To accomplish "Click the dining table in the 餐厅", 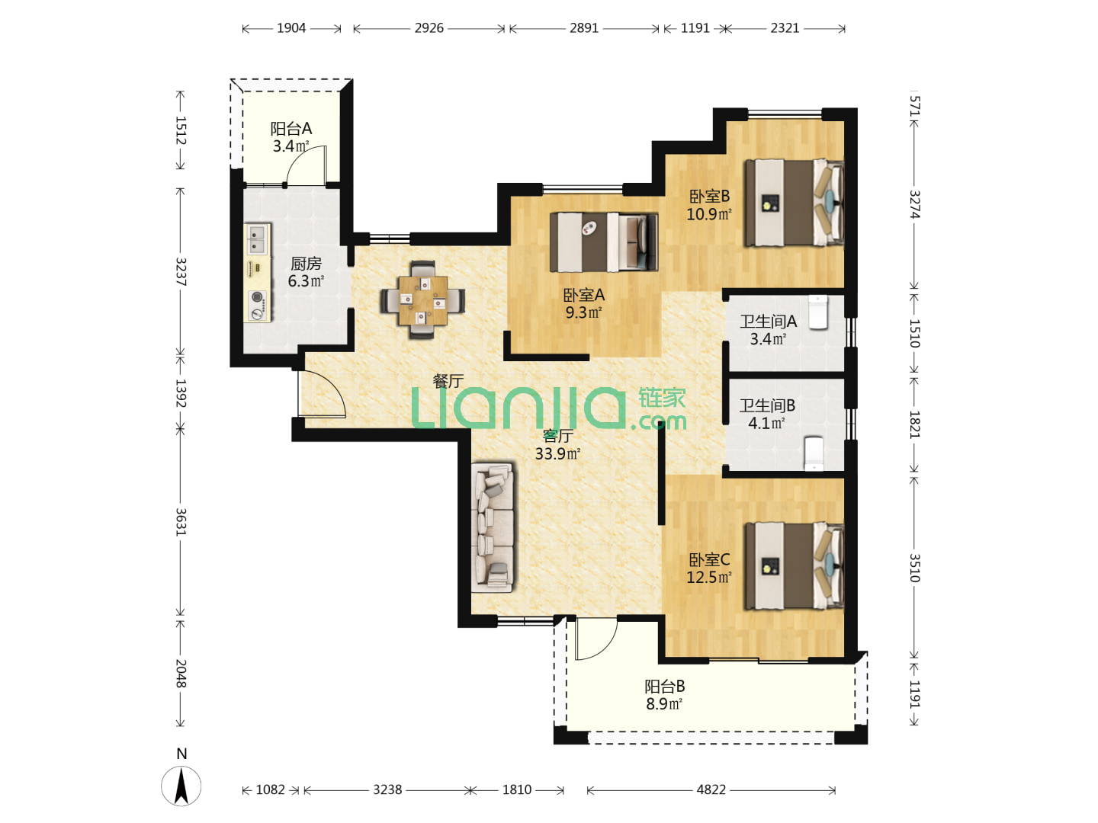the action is point(422,299).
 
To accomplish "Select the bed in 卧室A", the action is point(603,242).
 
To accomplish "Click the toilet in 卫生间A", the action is point(818,312).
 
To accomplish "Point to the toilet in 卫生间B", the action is point(814,453).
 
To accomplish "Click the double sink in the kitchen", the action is point(257,239).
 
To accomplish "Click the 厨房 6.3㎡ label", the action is point(306,272).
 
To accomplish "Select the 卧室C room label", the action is point(709,559).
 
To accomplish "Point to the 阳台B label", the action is point(664,686).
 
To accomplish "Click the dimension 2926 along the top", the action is point(429,28).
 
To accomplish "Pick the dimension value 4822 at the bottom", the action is point(711,789).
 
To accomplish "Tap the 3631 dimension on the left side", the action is point(181,522).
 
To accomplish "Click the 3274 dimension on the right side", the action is point(914,204).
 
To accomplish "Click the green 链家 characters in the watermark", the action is point(662,399).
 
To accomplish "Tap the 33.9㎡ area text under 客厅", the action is point(557,453).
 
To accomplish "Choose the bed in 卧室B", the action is point(795,203).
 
